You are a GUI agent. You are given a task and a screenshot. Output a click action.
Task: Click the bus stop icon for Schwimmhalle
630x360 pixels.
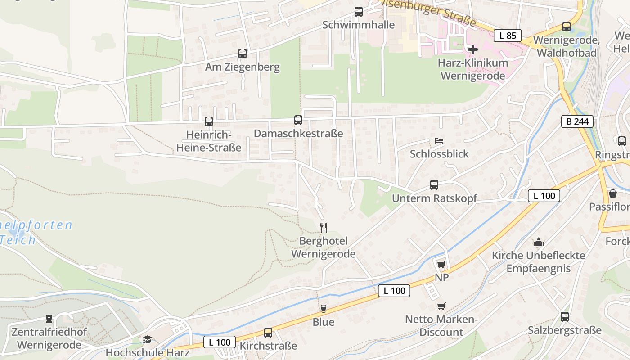click(x=358, y=12)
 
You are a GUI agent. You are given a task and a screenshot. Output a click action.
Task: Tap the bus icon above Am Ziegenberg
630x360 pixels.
click(x=243, y=54)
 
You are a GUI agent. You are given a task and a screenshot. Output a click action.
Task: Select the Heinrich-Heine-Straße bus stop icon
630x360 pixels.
click(x=209, y=121)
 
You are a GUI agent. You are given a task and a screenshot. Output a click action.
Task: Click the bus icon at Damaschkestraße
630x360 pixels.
click(x=298, y=120)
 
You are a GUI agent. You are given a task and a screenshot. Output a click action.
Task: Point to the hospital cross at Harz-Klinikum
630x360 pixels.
click(x=473, y=49)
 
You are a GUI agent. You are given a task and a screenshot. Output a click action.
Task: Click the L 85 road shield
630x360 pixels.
click(x=508, y=36)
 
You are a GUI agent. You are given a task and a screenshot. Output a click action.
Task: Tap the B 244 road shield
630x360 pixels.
click(x=577, y=121)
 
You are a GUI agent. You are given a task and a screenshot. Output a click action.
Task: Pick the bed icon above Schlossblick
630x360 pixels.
click(x=439, y=141)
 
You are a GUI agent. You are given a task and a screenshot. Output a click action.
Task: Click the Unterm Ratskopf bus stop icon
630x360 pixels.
click(x=434, y=184)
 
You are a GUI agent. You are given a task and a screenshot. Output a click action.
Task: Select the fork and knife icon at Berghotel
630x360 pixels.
click(x=323, y=227)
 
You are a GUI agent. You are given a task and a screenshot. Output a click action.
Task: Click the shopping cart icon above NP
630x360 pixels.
click(x=441, y=264)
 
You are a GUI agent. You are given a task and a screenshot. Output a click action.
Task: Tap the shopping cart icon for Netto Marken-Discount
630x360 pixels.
click(x=441, y=306)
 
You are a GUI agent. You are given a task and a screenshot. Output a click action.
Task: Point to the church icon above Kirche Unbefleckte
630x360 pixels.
click(x=538, y=243)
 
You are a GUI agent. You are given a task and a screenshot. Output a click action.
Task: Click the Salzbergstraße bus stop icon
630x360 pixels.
click(x=565, y=316)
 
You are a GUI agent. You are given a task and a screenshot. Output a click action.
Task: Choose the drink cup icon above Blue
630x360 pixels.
click(x=323, y=308)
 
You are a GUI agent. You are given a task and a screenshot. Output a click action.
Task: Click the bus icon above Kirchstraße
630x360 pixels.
click(x=268, y=332)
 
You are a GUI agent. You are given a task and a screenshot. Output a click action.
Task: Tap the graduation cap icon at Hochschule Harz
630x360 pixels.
click(x=147, y=339)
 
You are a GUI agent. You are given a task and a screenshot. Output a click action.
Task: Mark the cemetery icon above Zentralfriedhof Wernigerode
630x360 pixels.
click(x=49, y=319)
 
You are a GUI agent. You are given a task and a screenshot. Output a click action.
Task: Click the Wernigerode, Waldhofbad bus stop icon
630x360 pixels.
click(x=567, y=27)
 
